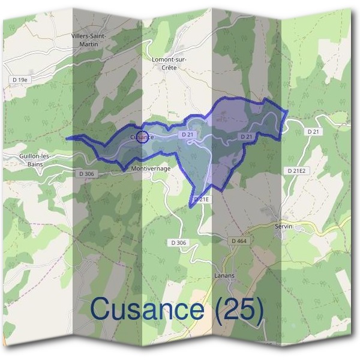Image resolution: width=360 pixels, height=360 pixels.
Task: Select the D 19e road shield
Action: [x=20, y=79]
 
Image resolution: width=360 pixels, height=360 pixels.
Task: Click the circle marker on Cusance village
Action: [x=142, y=137]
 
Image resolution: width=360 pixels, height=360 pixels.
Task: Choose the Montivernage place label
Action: [x=151, y=169]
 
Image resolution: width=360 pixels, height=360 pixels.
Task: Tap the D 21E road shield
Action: [x=202, y=199]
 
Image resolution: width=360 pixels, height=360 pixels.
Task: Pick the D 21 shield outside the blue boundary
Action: [x=313, y=131]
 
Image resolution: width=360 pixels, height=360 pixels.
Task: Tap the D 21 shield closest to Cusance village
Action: [x=188, y=136]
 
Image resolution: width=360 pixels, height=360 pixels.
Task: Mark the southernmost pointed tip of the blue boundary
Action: [x=191, y=207]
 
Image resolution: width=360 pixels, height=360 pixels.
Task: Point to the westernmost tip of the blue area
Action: [x=66, y=138]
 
